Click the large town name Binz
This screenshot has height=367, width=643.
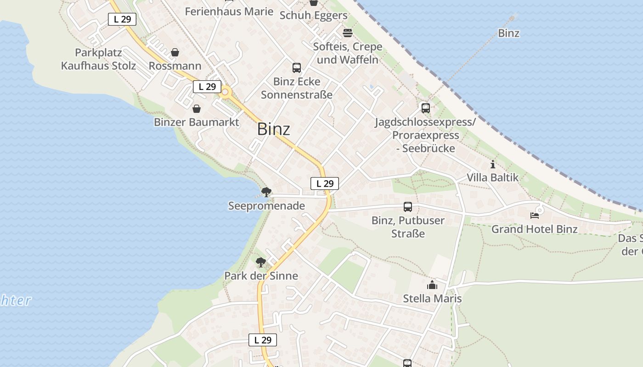point(273,129)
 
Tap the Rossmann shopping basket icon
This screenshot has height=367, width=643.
point(175,53)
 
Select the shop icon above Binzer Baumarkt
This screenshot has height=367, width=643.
point(197,109)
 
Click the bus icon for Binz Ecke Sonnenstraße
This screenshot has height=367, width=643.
point(297,68)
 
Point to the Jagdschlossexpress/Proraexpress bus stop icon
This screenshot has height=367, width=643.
point(426,108)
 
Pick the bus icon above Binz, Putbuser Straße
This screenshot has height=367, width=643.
point(408,207)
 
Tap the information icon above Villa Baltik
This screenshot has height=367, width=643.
point(493,164)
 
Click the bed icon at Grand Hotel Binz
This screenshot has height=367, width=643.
point(534,215)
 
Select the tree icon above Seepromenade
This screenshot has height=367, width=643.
point(265,192)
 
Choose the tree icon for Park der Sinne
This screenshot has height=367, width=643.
point(261,262)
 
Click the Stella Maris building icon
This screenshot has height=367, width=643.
point(432,285)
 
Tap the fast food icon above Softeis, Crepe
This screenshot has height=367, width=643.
point(348,33)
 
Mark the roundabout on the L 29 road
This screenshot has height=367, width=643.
point(225,93)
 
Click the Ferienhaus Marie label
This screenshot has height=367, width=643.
point(229,11)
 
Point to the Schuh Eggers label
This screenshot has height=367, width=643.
point(314,16)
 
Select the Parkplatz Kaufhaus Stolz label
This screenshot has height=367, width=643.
point(99,59)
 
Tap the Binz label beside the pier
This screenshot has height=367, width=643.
point(509,33)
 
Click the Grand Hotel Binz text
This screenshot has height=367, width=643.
point(535,229)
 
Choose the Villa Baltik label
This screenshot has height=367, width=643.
point(492,178)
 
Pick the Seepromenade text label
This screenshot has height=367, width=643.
point(266,206)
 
